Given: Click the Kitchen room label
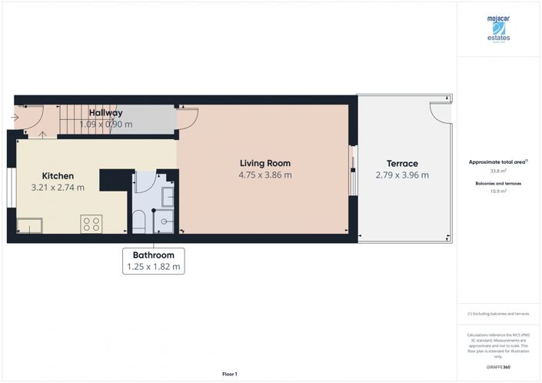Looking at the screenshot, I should coord(58,176).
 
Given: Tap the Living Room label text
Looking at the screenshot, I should coord(264,163).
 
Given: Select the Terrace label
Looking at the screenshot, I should coord(402,164).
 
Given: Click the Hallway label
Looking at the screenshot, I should coord(105,113).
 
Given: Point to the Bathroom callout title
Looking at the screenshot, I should coord(153,255).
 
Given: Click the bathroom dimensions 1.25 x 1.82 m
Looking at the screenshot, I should coord(153,267).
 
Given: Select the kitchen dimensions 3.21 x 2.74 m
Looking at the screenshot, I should coord(58,187).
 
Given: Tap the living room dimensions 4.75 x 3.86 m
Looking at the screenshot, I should coord(264,175).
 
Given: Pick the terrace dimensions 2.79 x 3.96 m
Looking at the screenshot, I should coord(402,175).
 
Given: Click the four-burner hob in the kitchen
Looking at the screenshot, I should coord(91,224).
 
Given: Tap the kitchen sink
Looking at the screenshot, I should coord(30,225).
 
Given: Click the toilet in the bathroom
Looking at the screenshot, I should coord(139,221).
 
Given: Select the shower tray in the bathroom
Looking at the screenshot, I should coord(164,221).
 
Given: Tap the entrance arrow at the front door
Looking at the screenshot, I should coord(15,118).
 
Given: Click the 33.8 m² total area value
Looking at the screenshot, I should coord(498,172).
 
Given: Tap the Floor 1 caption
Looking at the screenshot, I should coord(229,374).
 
